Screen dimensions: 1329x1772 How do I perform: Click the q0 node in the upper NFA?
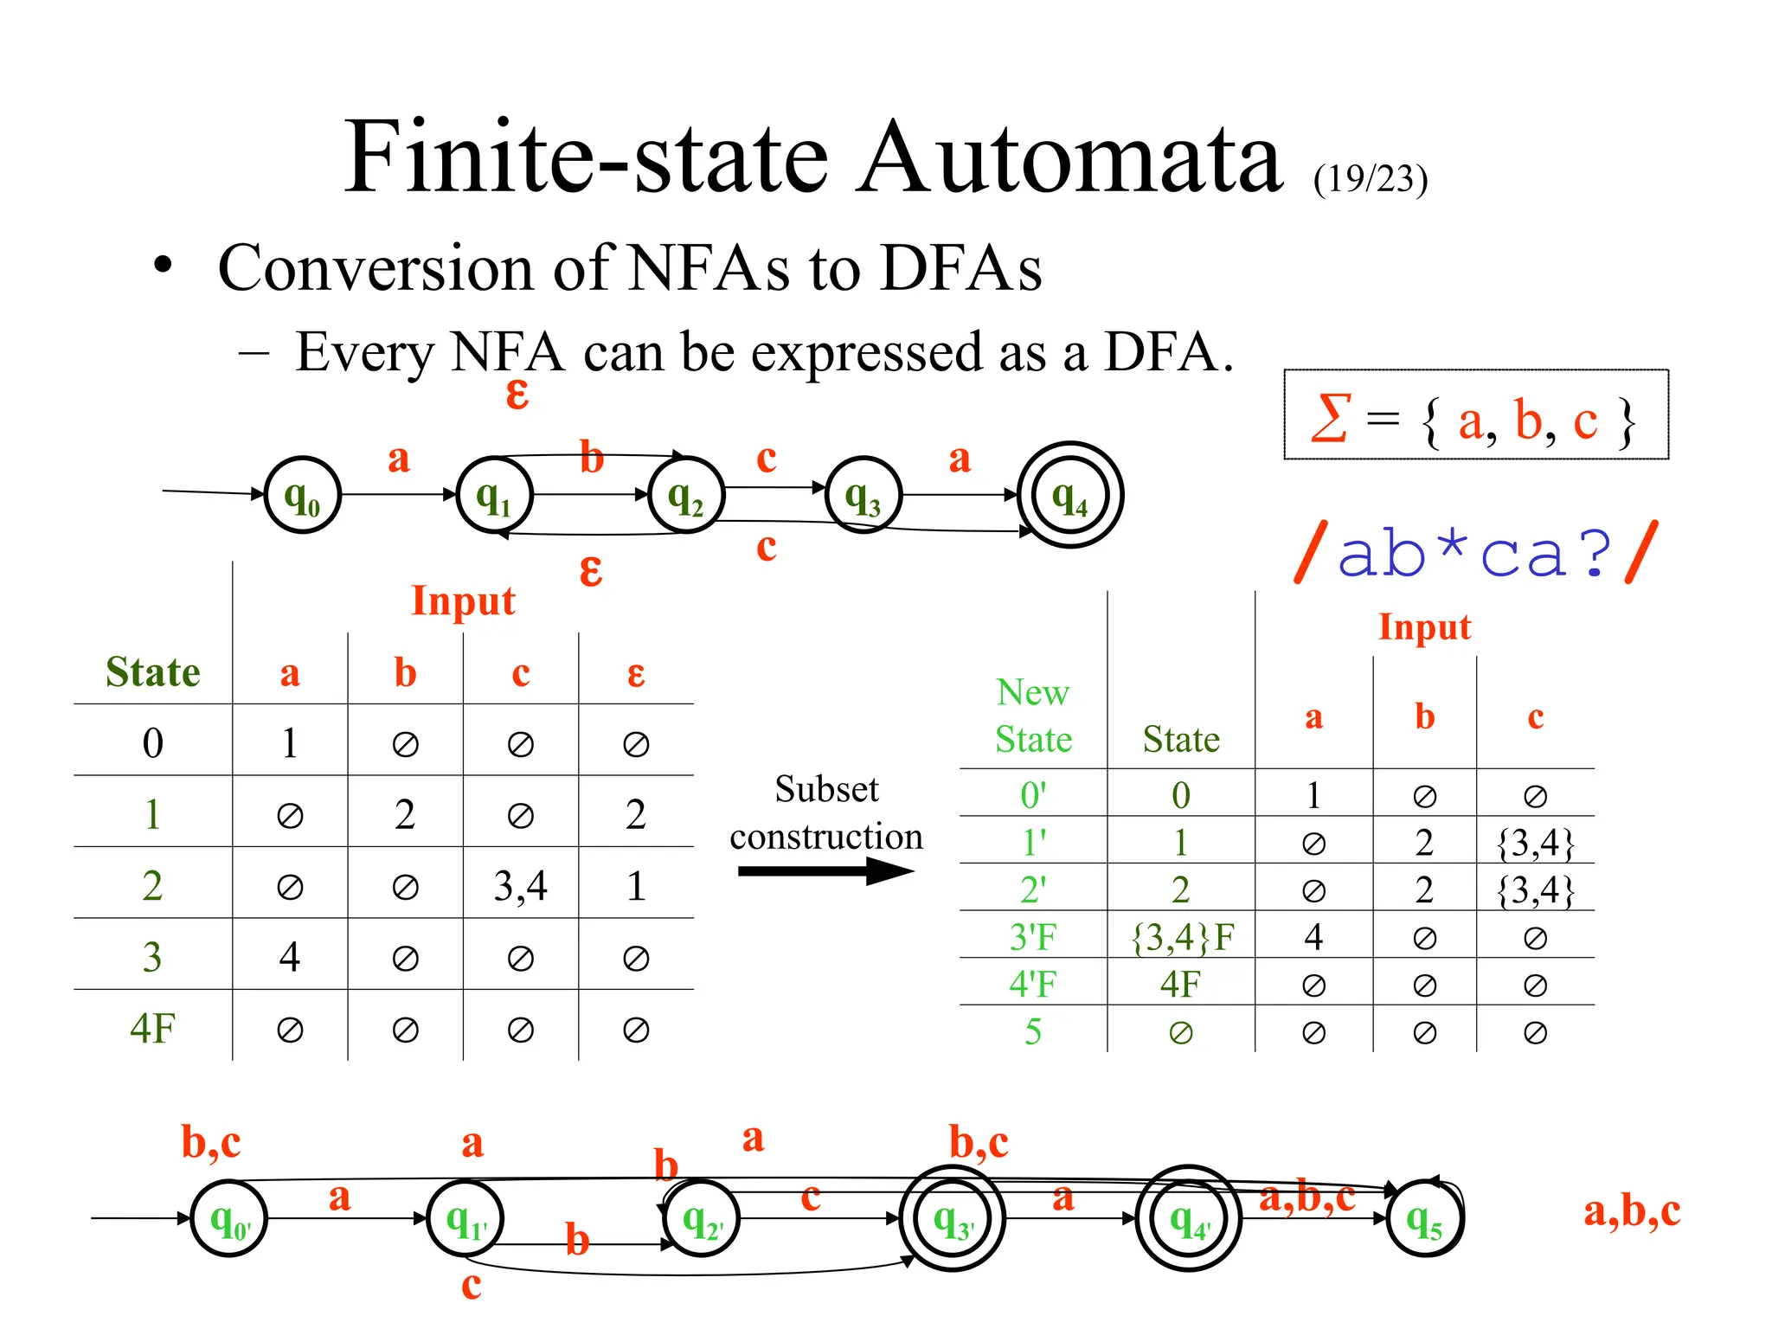302,496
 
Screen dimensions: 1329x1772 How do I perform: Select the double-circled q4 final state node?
1069,496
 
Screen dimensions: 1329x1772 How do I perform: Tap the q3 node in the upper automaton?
863,496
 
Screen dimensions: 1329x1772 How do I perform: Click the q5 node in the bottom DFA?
1424,1218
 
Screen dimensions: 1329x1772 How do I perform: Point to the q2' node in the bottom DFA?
702,1218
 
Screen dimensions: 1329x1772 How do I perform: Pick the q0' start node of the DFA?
229,1218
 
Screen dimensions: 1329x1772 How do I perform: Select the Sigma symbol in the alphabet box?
1330,419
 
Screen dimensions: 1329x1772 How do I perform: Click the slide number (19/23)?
1370,179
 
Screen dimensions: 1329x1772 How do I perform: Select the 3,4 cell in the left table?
520,886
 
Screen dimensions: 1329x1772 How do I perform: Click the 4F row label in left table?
152,1029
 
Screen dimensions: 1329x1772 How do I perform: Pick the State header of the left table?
152,672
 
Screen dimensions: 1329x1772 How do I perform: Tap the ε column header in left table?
636,672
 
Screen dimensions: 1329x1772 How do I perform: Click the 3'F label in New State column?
1033,937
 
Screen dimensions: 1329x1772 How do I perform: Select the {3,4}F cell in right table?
1182,937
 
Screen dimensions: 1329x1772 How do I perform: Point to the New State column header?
1033,715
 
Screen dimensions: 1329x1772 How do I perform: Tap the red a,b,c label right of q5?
1632,1211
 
